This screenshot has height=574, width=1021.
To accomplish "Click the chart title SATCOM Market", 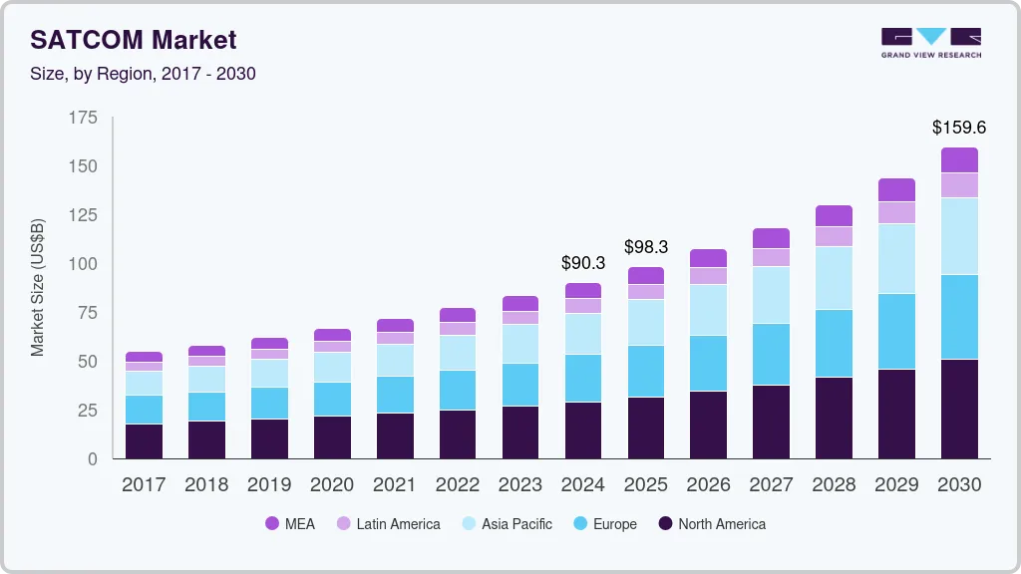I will (134, 40).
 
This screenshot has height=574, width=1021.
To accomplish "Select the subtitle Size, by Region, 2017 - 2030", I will (144, 74).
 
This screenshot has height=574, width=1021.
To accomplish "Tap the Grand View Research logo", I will (930, 43).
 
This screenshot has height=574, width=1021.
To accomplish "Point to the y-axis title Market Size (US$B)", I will (38, 287).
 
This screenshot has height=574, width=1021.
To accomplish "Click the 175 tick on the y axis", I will (84, 118).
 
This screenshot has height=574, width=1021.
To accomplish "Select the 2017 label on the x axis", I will (144, 484).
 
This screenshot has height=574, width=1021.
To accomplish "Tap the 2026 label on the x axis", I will (708, 484).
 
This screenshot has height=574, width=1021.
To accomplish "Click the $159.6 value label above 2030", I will (959, 128).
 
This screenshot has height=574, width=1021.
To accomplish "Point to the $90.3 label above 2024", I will (583, 263).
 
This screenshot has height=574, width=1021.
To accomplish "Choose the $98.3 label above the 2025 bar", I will (646, 246).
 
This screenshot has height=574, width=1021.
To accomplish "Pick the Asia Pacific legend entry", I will (508, 523).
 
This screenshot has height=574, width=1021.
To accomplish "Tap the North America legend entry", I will (712, 523).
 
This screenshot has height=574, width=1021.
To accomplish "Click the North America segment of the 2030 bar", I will (959, 409).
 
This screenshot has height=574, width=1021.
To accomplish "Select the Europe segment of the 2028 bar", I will (834, 343).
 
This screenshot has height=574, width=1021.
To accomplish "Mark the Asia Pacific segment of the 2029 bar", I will (896, 258).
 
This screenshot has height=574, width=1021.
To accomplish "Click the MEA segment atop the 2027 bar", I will (771, 237).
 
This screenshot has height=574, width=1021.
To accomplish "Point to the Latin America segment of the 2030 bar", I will (959, 184).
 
